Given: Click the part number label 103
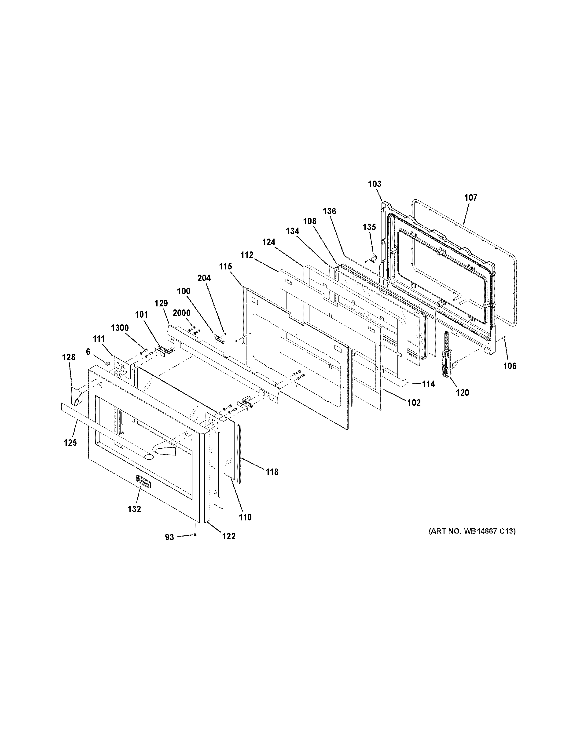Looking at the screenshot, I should click(x=375, y=184).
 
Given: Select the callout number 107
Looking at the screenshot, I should click(x=471, y=197).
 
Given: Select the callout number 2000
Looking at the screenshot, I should click(x=182, y=313).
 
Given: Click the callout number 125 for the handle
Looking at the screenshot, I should click(x=70, y=443).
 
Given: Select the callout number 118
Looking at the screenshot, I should click(x=272, y=472).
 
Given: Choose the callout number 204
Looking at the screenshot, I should click(x=204, y=278).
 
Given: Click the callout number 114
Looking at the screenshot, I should click(x=428, y=384).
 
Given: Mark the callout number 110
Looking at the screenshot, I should click(x=245, y=517).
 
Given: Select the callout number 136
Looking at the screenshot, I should click(x=329, y=211).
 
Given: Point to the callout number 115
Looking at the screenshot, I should click(x=225, y=266).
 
